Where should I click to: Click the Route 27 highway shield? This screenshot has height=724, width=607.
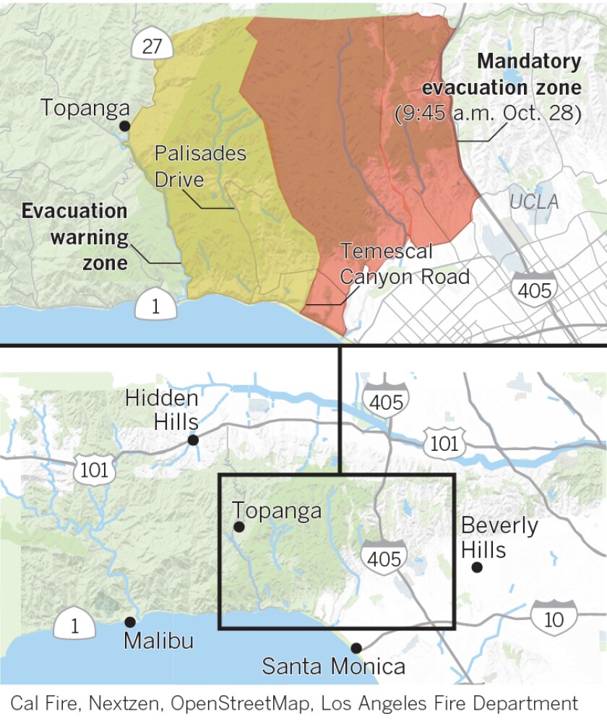click(x=152, y=46)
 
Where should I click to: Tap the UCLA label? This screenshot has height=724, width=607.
click(x=534, y=202)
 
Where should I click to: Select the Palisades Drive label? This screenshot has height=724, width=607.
click(x=200, y=165)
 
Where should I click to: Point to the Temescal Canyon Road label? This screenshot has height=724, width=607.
click(x=405, y=264)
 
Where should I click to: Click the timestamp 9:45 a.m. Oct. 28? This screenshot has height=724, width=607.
click(x=488, y=114)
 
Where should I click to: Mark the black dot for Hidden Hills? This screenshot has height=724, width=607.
click(x=193, y=440)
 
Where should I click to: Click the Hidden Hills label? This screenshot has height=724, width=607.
click(x=161, y=410)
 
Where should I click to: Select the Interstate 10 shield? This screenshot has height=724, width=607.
click(x=554, y=616)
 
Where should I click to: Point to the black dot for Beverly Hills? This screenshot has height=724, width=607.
click(x=477, y=567)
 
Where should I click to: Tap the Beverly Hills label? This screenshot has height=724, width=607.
click(x=499, y=537)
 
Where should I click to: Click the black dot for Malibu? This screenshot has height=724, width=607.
click(x=130, y=622)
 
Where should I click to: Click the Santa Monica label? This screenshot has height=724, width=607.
click(x=333, y=665)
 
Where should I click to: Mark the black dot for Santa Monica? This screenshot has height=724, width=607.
click(x=356, y=648)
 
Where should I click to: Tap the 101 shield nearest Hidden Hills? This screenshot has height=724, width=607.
click(x=94, y=470)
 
